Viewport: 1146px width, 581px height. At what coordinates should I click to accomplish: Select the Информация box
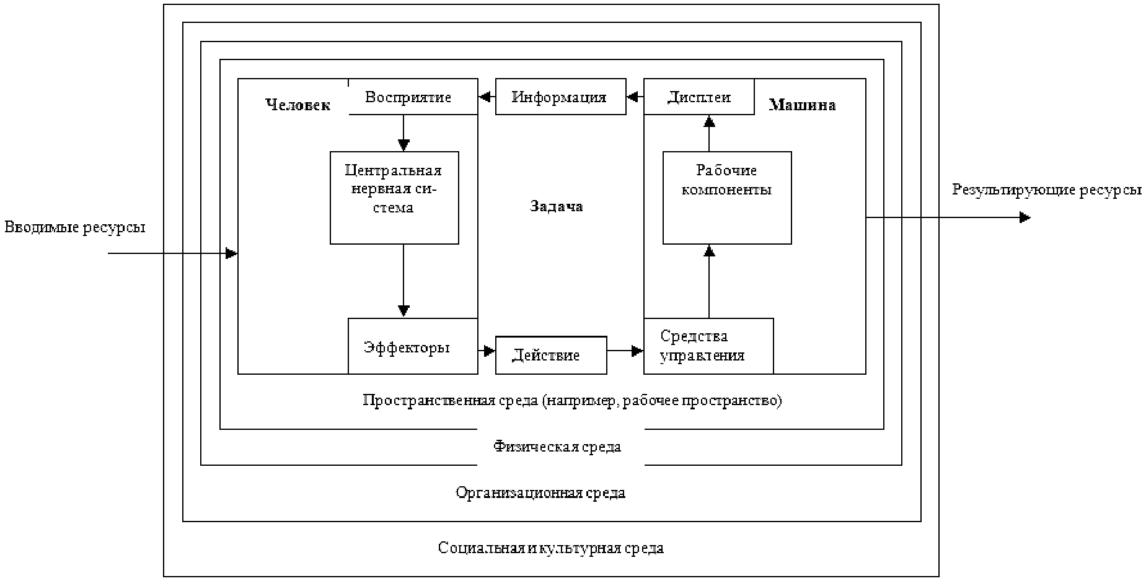pos(560,97)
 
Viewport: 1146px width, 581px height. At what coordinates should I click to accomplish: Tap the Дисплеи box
pos(699,97)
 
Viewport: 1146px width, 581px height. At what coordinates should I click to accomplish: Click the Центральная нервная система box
pos(394,198)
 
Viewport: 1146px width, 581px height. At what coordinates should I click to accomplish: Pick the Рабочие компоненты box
pos(727,198)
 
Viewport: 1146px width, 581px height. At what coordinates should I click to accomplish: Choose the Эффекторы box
pos(413,346)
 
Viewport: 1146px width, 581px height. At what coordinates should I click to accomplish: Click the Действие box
pos(551,356)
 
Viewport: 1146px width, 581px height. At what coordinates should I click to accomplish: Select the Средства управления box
pos(708,346)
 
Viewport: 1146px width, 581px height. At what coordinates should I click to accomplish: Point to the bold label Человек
pos(298,105)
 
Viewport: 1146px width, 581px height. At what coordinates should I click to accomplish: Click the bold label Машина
pos(802,105)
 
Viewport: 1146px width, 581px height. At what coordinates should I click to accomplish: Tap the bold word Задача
pos(557,206)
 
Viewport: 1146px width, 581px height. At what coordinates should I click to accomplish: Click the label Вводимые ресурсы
pos(75,227)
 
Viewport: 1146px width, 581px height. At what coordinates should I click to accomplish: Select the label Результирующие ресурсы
pos(1047,190)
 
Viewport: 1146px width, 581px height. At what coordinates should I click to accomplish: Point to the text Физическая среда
pos(557,447)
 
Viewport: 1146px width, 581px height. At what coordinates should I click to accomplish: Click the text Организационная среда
pos(540,493)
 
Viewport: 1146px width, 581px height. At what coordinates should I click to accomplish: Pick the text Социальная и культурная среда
pos(551,548)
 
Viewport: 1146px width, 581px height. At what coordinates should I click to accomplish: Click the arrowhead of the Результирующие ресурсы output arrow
pos(1025,217)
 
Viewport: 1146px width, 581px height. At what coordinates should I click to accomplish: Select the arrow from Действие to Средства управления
pos(625,351)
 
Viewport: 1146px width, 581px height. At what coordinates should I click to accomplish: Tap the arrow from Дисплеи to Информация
pos(635,97)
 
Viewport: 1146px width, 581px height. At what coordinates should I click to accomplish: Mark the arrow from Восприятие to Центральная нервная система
pos(403,133)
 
